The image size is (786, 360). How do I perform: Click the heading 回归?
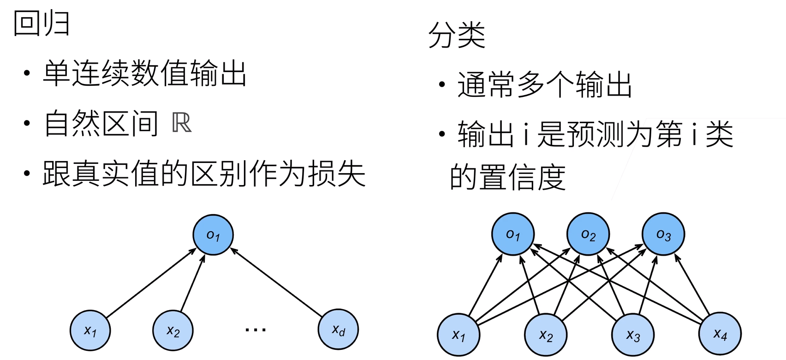(x=41, y=24)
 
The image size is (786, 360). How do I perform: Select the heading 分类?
(x=457, y=35)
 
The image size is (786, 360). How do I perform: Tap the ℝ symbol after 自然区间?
(x=181, y=123)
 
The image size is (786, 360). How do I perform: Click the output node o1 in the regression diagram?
(x=213, y=234)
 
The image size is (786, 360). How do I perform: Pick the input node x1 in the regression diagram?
(x=90, y=330)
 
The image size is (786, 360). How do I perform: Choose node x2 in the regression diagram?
(x=173, y=330)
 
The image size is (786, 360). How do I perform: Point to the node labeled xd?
(x=338, y=330)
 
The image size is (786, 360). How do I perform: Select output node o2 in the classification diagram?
(x=588, y=234)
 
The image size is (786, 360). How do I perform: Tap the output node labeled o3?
(x=663, y=234)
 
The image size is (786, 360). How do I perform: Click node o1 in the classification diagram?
(x=513, y=234)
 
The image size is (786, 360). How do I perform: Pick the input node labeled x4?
(x=720, y=333)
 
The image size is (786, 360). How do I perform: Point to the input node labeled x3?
(x=633, y=335)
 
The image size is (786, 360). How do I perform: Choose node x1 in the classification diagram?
(x=458, y=335)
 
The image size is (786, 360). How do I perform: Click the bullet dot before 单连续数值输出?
(x=27, y=73)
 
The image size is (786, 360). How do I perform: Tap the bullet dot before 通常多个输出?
(x=442, y=84)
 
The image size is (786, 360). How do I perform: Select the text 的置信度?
(x=508, y=177)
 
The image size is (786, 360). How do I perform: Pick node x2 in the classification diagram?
(x=546, y=335)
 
